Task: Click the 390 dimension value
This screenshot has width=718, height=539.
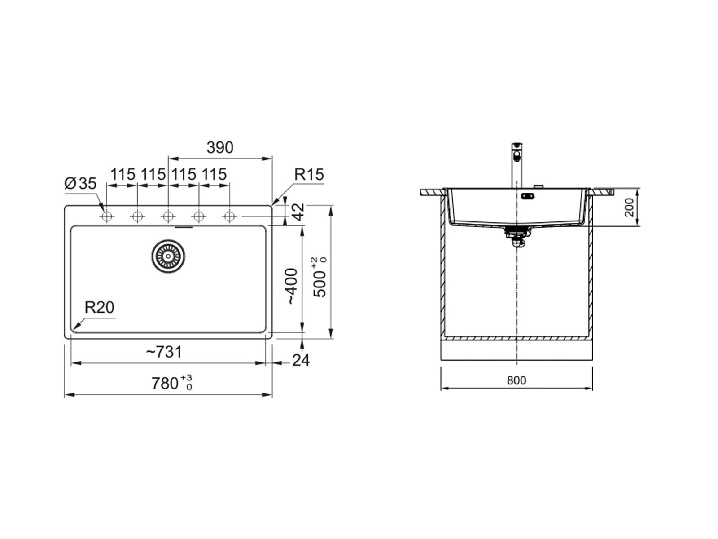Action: (x=220, y=148)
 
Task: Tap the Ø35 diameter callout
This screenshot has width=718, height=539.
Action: (x=80, y=183)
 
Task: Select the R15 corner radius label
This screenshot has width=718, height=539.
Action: (x=309, y=174)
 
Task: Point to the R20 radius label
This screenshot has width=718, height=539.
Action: (x=100, y=307)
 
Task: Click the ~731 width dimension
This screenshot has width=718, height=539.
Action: (x=164, y=352)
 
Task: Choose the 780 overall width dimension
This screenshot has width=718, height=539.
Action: (x=172, y=383)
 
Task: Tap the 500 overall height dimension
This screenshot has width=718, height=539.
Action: (x=319, y=277)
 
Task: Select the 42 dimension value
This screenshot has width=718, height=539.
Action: (x=298, y=212)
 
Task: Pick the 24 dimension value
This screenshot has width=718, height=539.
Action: (x=301, y=360)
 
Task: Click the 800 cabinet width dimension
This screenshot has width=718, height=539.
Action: (x=517, y=380)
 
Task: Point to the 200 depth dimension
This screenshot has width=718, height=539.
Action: (x=629, y=207)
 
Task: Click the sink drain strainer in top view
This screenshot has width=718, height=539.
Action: (x=168, y=256)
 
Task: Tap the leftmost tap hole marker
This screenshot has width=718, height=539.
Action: (x=107, y=216)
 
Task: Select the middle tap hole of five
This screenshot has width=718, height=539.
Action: (x=168, y=216)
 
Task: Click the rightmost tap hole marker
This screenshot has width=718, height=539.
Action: (x=229, y=216)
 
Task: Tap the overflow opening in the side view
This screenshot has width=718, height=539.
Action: (x=527, y=196)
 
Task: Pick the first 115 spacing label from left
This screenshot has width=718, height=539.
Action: (x=123, y=174)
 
